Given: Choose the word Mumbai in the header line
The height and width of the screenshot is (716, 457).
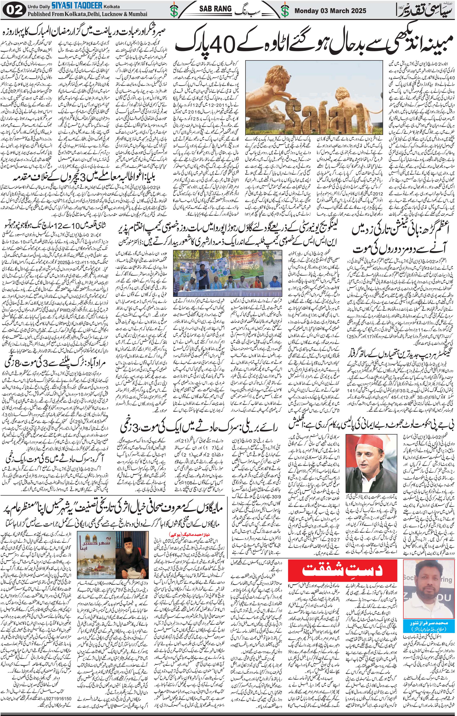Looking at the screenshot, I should tap(137, 14).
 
